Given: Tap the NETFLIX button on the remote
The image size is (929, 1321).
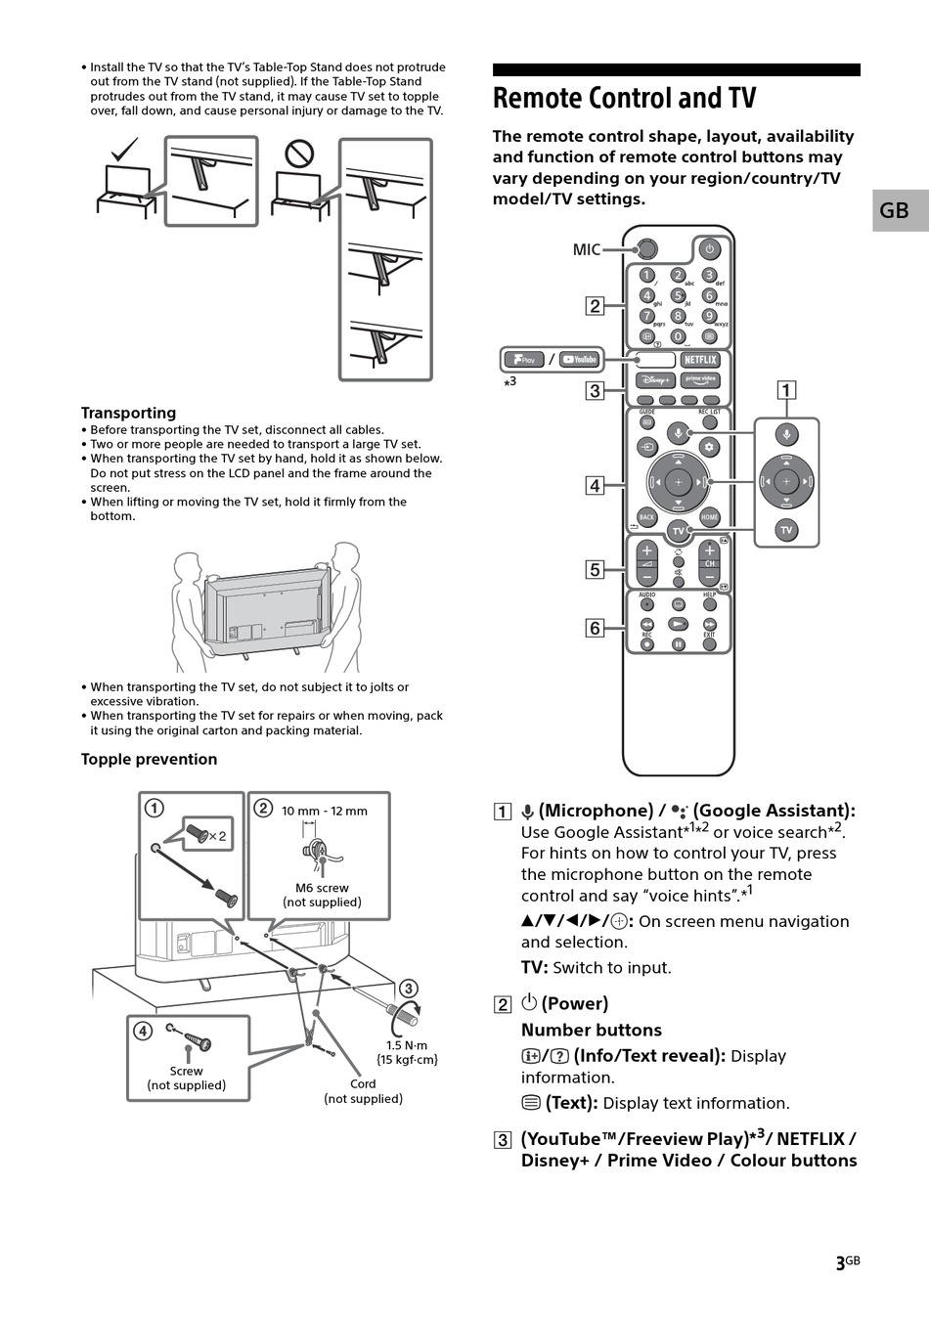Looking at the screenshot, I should click(700, 360).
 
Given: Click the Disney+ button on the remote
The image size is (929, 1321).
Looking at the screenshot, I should click(655, 380).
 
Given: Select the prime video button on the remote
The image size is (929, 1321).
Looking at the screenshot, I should click(700, 380).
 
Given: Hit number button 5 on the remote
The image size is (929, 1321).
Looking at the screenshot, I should click(678, 295).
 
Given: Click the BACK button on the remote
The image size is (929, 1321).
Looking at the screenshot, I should click(646, 517).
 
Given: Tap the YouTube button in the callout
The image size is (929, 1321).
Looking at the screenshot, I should click(580, 359).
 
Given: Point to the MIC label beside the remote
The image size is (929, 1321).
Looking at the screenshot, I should click(587, 250).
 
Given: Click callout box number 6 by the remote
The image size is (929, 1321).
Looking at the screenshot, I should click(595, 629).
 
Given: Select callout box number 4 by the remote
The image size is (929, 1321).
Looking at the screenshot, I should click(595, 485).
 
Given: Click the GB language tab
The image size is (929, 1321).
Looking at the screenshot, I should click(895, 210).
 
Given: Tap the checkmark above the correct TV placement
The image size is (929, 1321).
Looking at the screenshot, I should click(124, 151).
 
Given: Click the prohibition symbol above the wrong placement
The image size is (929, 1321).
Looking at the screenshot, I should click(298, 154).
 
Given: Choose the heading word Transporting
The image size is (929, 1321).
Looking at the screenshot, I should click(128, 413).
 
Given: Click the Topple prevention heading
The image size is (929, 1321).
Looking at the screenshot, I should click(149, 759).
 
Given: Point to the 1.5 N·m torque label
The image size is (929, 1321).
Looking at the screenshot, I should click(407, 1045).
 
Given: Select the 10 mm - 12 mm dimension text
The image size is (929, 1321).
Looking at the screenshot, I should click(325, 811).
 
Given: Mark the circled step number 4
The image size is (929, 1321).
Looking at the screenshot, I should click(143, 1031).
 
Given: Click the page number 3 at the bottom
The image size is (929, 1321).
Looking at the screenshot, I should click(840, 1263).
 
